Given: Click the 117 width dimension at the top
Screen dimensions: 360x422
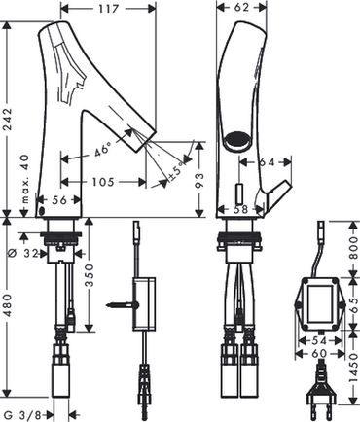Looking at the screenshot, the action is coord(108,9).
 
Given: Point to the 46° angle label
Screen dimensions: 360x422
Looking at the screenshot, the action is coord(102,151).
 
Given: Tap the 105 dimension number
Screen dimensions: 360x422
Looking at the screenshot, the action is coord(103,182).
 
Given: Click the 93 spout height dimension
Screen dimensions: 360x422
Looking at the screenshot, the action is coord(200,181).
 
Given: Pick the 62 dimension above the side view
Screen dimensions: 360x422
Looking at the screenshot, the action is coord(241,7).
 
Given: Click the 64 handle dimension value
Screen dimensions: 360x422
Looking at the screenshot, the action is coord(267,161).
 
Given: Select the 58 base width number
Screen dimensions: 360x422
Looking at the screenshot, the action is coord(240,209).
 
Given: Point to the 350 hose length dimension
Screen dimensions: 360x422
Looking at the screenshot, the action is coord(90,275).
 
